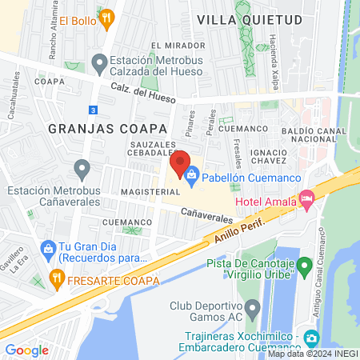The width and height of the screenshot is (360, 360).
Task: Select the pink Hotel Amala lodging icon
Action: coord(306,198)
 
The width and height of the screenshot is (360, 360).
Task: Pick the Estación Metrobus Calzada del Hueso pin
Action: coord(99,62)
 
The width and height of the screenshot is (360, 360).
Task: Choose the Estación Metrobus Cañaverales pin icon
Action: coord(82,169)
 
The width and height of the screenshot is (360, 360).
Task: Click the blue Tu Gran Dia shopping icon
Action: coord(48,248)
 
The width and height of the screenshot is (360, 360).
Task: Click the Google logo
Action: coord(26,350)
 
